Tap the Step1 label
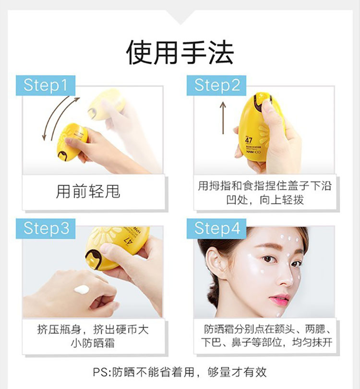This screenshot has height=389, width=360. tap(46, 85)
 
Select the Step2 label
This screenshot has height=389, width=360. tap(216, 85)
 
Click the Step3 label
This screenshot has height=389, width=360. tap(46, 229)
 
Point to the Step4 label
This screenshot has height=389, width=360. tap(216, 229)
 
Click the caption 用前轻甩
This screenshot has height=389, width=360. tap(88, 192)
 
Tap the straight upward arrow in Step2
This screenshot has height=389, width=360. tap(223, 118)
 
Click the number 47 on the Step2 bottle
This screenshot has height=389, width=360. tap(249, 140)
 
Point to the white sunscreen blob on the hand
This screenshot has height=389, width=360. tap(82, 289)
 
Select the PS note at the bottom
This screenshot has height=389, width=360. tap(180, 372)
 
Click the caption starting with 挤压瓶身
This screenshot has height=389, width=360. tap(93, 336)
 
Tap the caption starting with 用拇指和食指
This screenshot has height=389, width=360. tap(264, 193)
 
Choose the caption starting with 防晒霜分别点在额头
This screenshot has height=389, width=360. tap(266, 336)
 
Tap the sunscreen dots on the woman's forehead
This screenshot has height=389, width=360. tap(289, 239)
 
